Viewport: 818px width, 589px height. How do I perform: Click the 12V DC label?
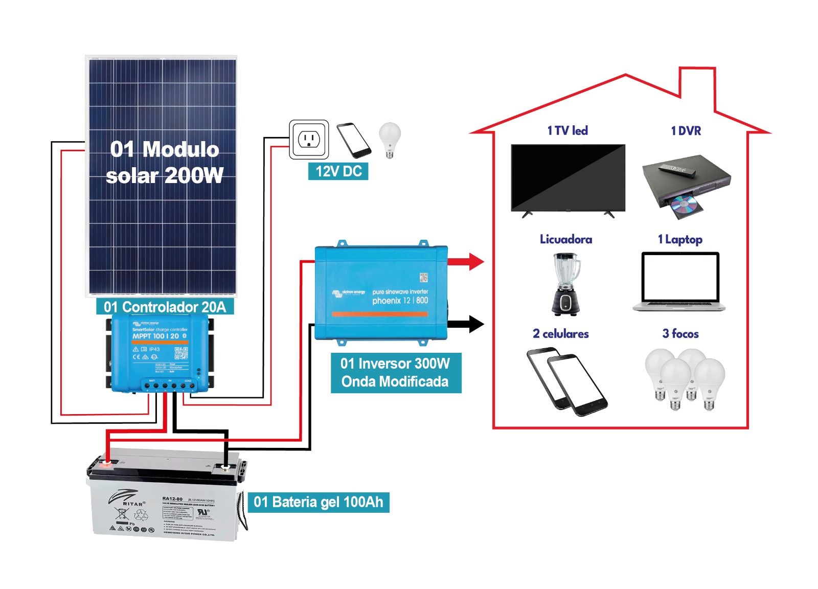click(x=338, y=171)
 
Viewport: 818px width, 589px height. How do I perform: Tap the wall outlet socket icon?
click(x=309, y=139)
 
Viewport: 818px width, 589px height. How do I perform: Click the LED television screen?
click(x=567, y=177)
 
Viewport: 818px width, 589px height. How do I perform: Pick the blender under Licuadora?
click(x=566, y=284)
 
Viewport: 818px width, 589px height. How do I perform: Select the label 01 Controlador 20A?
click(x=165, y=307)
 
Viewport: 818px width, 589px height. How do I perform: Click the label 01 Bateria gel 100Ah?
click(x=318, y=502)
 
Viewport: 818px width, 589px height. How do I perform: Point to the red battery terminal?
click(x=106, y=464)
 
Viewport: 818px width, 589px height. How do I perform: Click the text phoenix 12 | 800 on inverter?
click(x=400, y=301)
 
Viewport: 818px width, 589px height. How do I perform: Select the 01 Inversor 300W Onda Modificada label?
click(x=395, y=373)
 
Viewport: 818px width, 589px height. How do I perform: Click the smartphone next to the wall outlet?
click(x=353, y=140)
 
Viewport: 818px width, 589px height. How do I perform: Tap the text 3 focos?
click(x=680, y=334)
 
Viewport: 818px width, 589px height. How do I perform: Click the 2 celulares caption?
click(x=560, y=334)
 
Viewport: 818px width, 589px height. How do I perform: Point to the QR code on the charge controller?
click(x=181, y=353)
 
